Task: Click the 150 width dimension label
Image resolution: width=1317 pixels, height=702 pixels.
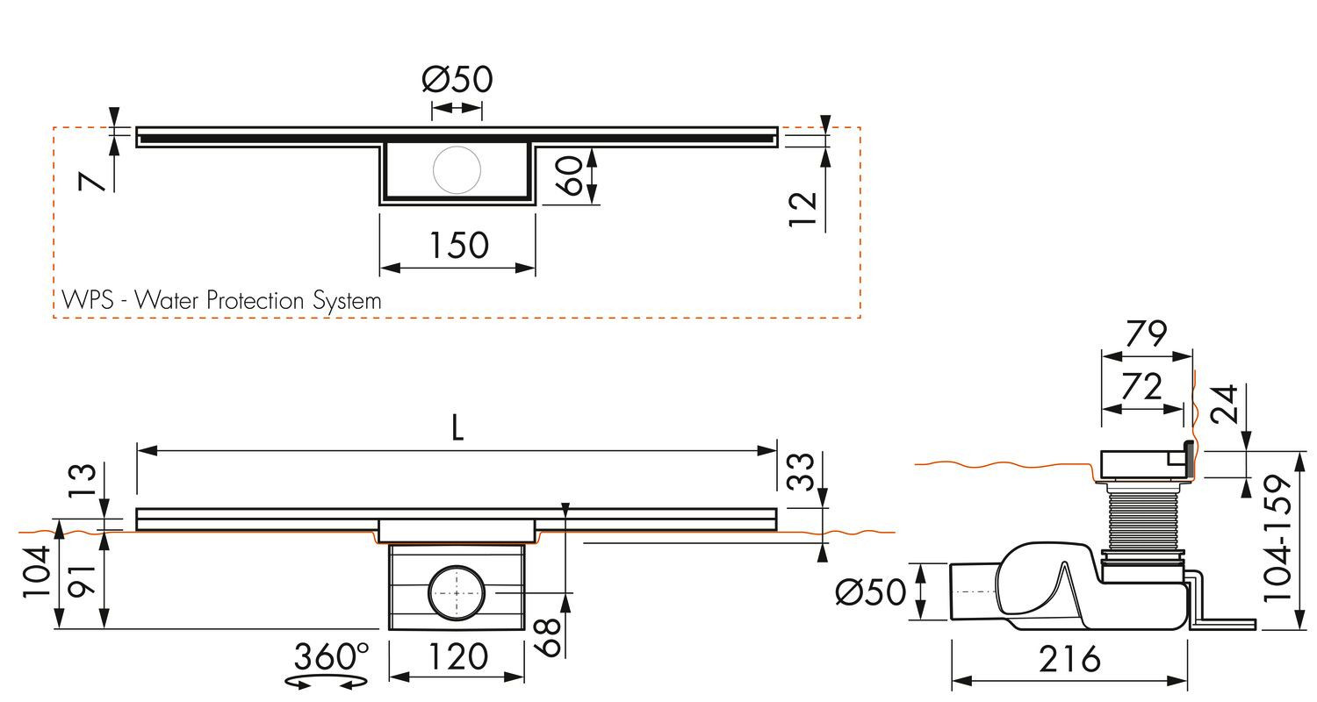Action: pos(458,245)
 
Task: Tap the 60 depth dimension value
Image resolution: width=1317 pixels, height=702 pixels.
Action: pos(569,175)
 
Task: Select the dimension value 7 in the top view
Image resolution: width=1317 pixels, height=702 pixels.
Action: pos(91,181)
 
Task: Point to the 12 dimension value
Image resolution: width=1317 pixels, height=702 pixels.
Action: pos(802,209)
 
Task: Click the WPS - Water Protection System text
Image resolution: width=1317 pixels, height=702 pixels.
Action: pos(221,301)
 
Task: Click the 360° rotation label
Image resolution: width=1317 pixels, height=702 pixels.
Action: pos(332,656)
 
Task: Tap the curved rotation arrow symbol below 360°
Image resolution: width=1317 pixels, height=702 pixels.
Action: pos(327,683)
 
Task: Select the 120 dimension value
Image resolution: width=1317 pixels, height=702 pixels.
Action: pos(458,656)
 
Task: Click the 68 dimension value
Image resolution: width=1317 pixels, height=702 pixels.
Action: pos(549,637)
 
